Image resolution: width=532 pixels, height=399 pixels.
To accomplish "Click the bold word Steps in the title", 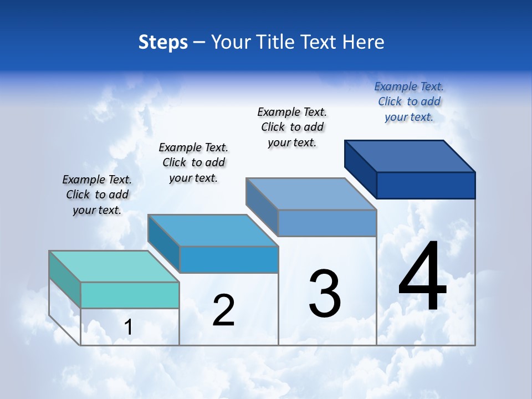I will pyautogui.click(x=163, y=42).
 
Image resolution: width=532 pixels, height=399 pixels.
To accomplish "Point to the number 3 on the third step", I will pyautogui.click(x=325, y=294).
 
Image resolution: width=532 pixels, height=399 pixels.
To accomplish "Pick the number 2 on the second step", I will pyautogui.click(x=223, y=310).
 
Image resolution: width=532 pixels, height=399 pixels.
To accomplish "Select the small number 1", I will pyautogui.click(x=128, y=328).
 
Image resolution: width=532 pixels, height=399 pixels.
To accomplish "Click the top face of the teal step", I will pyautogui.click(x=114, y=267).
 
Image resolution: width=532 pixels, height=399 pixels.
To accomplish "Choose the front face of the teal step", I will pyautogui.click(x=130, y=295).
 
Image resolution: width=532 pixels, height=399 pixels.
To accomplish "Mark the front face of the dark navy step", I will pyautogui.click(x=426, y=185).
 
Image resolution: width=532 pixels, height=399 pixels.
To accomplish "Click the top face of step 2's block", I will pyautogui.click(x=213, y=230).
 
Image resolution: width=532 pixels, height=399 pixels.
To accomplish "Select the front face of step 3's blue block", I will pyautogui.click(x=327, y=223).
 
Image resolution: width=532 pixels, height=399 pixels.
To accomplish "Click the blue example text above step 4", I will pyautogui.click(x=409, y=101).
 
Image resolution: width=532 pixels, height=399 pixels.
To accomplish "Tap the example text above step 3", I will pyautogui.click(x=292, y=127).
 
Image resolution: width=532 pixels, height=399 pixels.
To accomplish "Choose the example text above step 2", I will pyautogui.click(x=193, y=162).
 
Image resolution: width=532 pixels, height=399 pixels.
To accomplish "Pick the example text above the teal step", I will pyautogui.click(x=97, y=195).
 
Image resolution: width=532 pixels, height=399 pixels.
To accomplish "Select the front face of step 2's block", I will pyautogui.click(x=229, y=259).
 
